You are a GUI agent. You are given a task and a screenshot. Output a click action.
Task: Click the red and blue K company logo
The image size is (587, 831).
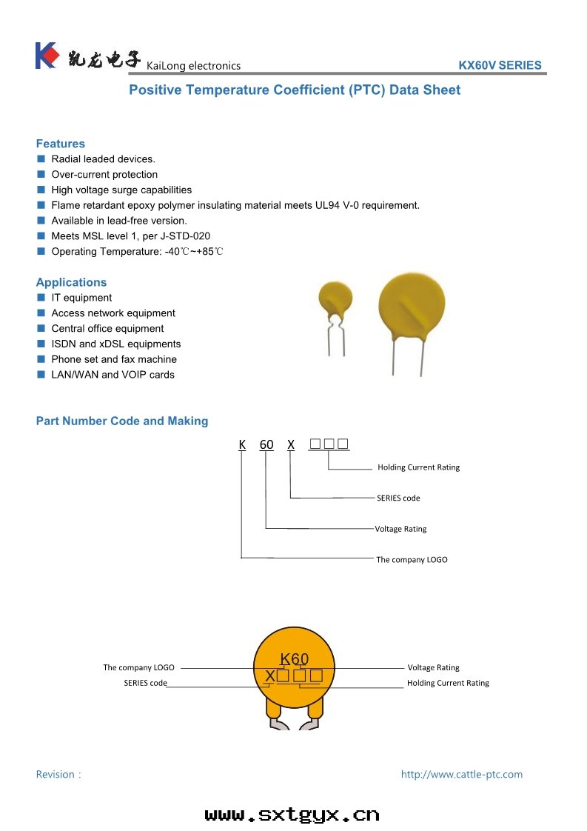(x=46, y=56)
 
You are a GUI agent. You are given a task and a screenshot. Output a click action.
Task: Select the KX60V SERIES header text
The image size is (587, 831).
(x=500, y=65)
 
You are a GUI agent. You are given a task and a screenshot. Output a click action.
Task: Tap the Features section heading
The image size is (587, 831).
(x=61, y=144)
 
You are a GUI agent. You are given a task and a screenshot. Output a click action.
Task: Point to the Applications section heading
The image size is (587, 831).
(x=71, y=282)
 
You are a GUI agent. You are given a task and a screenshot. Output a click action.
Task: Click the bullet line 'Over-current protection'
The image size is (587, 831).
(x=104, y=175)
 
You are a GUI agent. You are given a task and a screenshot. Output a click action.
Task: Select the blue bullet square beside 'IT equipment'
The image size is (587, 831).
(x=41, y=298)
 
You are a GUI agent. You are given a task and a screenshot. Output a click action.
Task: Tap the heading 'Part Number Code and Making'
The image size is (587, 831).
(x=122, y=421)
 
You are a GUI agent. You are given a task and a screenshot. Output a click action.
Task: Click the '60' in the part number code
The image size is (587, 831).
(x=266, y=445)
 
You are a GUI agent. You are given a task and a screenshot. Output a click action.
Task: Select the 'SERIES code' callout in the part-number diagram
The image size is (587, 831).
(x=398, y=498)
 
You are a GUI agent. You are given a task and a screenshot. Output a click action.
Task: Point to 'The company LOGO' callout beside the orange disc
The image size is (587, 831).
(x=138, y=668)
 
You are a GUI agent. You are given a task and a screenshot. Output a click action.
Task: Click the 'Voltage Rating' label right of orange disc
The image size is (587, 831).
(x=433, y=668)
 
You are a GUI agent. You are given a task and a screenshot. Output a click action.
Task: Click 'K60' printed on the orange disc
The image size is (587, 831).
(x=294, y=659)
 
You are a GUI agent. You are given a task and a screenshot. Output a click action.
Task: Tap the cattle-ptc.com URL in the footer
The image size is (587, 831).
(x=461, y=775)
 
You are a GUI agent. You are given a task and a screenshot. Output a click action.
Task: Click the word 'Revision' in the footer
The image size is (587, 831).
(x=56, y=775)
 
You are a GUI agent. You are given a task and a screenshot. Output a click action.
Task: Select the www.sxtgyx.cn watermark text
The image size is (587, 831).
(x=292, y=815)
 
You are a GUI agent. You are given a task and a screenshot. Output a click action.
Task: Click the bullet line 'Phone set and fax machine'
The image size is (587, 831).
(x=114, y=359)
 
